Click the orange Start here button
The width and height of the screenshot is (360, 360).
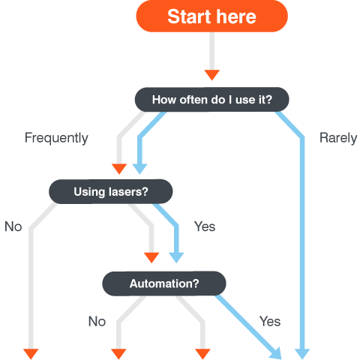tap(211, 16)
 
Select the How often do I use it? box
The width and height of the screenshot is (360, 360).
tap(211, 100)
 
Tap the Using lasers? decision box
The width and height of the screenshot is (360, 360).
tap(111, 191)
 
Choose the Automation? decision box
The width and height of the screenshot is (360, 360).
tap(164, 283)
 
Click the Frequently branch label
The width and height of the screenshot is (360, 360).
tap(56, 138)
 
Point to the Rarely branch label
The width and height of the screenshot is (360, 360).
tap(338, 138)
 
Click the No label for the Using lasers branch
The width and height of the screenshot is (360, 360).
tap(13, 226)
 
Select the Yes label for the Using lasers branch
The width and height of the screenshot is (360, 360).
tap(205, 226)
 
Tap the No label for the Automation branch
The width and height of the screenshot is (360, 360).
tap(97, 322)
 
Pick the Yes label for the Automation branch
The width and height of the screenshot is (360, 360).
tap(270, 322)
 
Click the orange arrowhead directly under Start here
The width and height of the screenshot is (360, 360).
tap(212, 75)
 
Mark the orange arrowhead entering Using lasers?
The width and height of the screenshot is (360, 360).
tap(119, 169)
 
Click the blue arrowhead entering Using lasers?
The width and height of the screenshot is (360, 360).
tap(139, 169)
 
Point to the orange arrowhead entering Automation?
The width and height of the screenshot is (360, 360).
tap(151, 257)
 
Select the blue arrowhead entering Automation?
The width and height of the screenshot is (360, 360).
tap(176, 257)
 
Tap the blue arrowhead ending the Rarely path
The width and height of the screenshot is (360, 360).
tap(302, 354)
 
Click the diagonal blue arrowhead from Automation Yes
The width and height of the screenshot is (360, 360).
tap(276, 353)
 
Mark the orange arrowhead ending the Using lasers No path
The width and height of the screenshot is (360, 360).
tap(31, 354)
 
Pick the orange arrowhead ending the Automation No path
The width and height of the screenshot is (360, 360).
tap(118, 354)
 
